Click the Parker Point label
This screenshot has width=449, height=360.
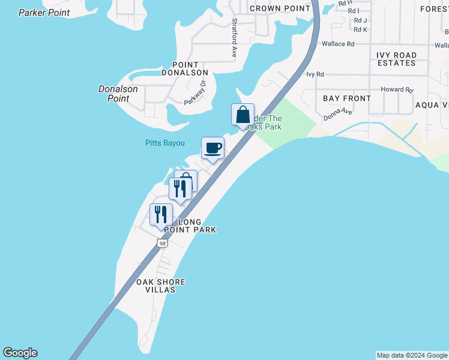[x=44, y=13]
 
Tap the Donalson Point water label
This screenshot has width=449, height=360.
[x=118, y=94]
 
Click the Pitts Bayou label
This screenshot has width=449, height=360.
[x=164, y=143]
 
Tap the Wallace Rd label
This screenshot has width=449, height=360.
[x=338, y=44]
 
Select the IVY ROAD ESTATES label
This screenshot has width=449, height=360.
[x=396, y=59]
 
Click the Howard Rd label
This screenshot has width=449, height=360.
[x=397, y=90]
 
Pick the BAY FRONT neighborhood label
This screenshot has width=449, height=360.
[x=347, y=98]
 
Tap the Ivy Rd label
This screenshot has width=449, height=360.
[x=315, y=74]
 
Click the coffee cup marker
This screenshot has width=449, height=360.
[x=212, y=148]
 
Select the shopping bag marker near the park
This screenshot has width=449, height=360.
[x=243, y=115]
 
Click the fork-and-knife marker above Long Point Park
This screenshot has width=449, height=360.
[x=161, y=215]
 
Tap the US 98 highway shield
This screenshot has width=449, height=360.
[x=162, y=243]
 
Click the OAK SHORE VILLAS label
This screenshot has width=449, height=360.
[x=160, y=286]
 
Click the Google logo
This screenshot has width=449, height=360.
[x=20, y=353]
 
